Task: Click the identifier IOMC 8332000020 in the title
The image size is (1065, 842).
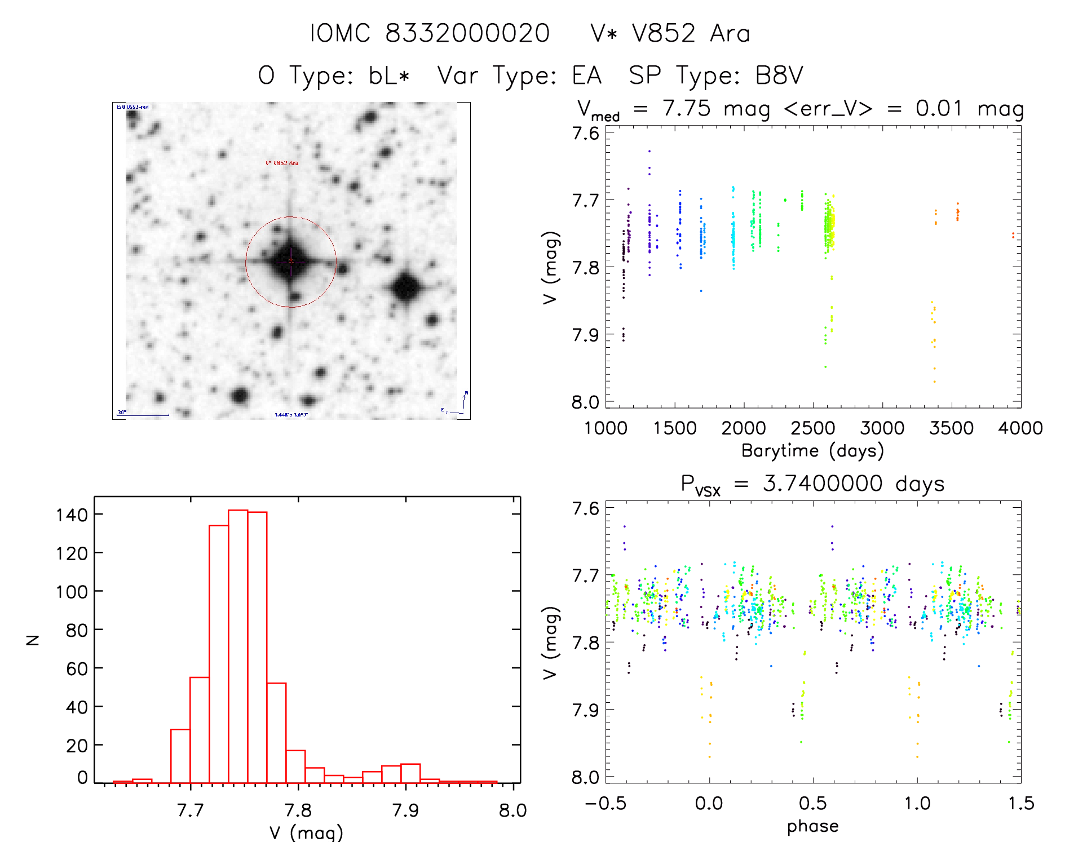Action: point(430,34)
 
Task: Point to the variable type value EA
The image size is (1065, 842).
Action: point(586,76)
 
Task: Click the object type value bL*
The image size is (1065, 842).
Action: point(389,76)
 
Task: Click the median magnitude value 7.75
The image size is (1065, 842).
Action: point(686,108)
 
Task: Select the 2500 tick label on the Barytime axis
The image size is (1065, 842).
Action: point(813,428)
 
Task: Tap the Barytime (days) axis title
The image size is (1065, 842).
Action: point(812,451)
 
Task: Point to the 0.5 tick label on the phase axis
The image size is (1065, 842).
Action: point(813,803)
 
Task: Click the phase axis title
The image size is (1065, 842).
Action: point(812,826)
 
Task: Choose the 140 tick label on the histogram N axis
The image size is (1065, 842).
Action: point(72,515)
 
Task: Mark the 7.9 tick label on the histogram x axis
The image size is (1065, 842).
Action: point(405,810)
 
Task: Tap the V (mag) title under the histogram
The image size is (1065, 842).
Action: point(306,832)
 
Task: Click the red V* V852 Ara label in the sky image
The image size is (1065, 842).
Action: point(282,163)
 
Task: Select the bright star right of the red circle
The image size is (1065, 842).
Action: point(405,287)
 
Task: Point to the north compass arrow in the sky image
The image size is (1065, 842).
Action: point(465,400)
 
